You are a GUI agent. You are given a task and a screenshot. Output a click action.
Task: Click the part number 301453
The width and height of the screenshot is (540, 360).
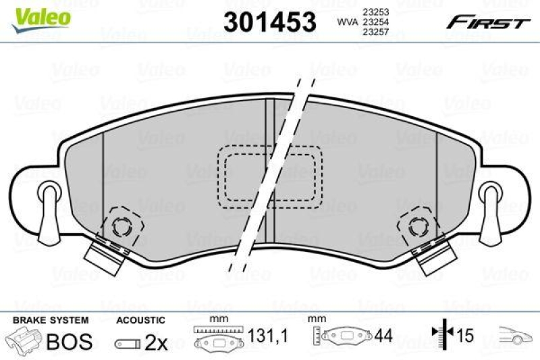pyautogui.click(x=269, y=22)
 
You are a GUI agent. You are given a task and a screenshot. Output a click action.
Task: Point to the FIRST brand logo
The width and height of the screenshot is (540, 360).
pyautogui.click(x=485, y=22)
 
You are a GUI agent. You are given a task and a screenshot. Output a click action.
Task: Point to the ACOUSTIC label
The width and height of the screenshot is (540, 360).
pyautogui.click(x=140, y=319)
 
